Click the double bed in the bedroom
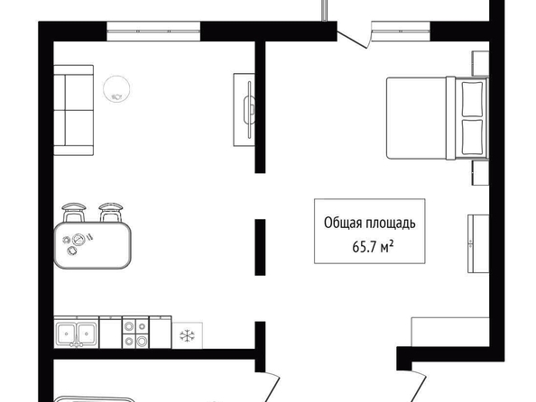438,118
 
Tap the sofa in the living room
73,110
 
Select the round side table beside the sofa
116,89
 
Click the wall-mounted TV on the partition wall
249,110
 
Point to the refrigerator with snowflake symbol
187,335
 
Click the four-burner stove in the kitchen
135,332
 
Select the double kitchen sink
76,332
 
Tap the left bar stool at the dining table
73,213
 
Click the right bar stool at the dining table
111,213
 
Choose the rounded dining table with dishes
92,244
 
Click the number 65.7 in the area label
364,247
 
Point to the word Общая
343,224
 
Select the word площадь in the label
391,224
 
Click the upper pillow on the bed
473,99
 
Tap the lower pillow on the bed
473,137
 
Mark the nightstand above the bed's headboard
480,63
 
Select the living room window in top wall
153,31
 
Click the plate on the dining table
79,239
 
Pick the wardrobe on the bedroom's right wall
478,243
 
